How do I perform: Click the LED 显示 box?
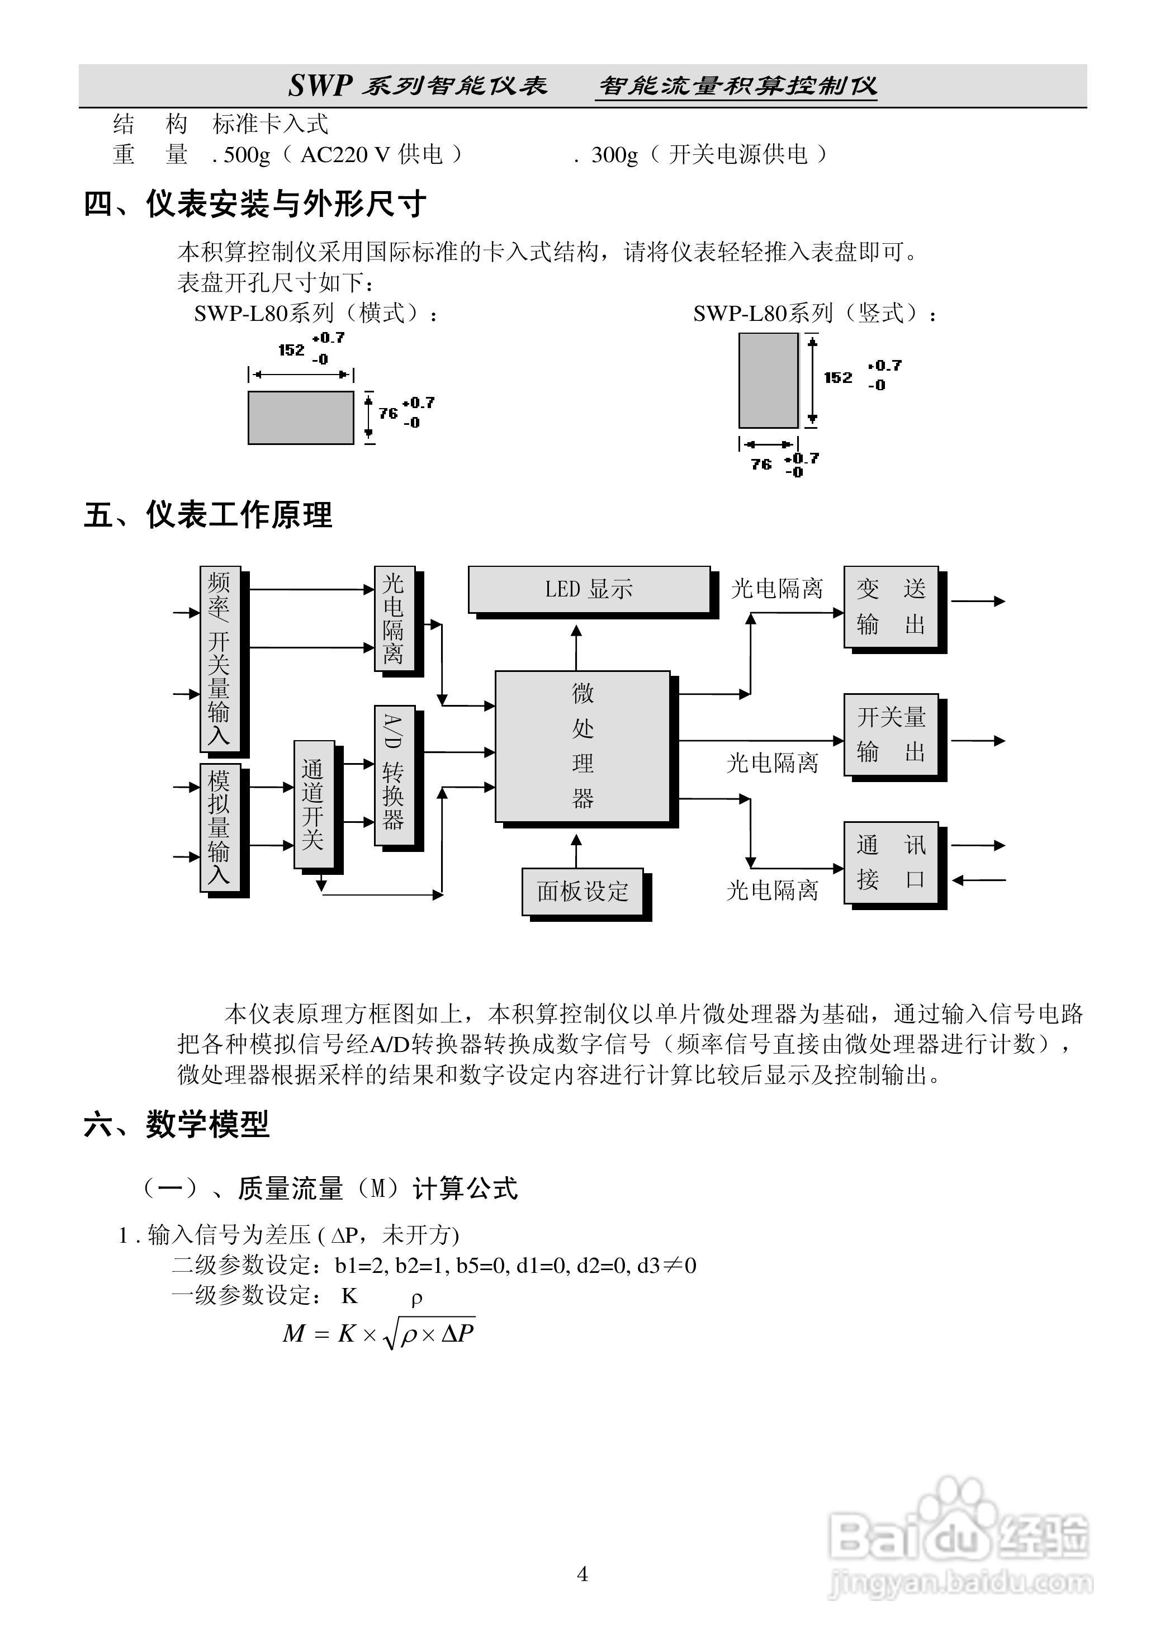click(589, 589)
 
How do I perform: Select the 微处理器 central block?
click(582, 746)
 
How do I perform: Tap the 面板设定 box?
click(582, 892)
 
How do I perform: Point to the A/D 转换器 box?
click(394, 775)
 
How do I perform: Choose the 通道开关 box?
click(314, 804)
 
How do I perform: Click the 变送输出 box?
click(891, 607)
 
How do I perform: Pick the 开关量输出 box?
click(891, 735)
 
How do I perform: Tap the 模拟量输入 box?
click(220, 827)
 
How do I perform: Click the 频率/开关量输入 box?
click(220, 658)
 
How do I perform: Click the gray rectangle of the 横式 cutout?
click(301, 418)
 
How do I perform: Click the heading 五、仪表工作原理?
click(208, 515)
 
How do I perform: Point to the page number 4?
click(582, 1574)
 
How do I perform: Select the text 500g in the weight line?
click(247, 155)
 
